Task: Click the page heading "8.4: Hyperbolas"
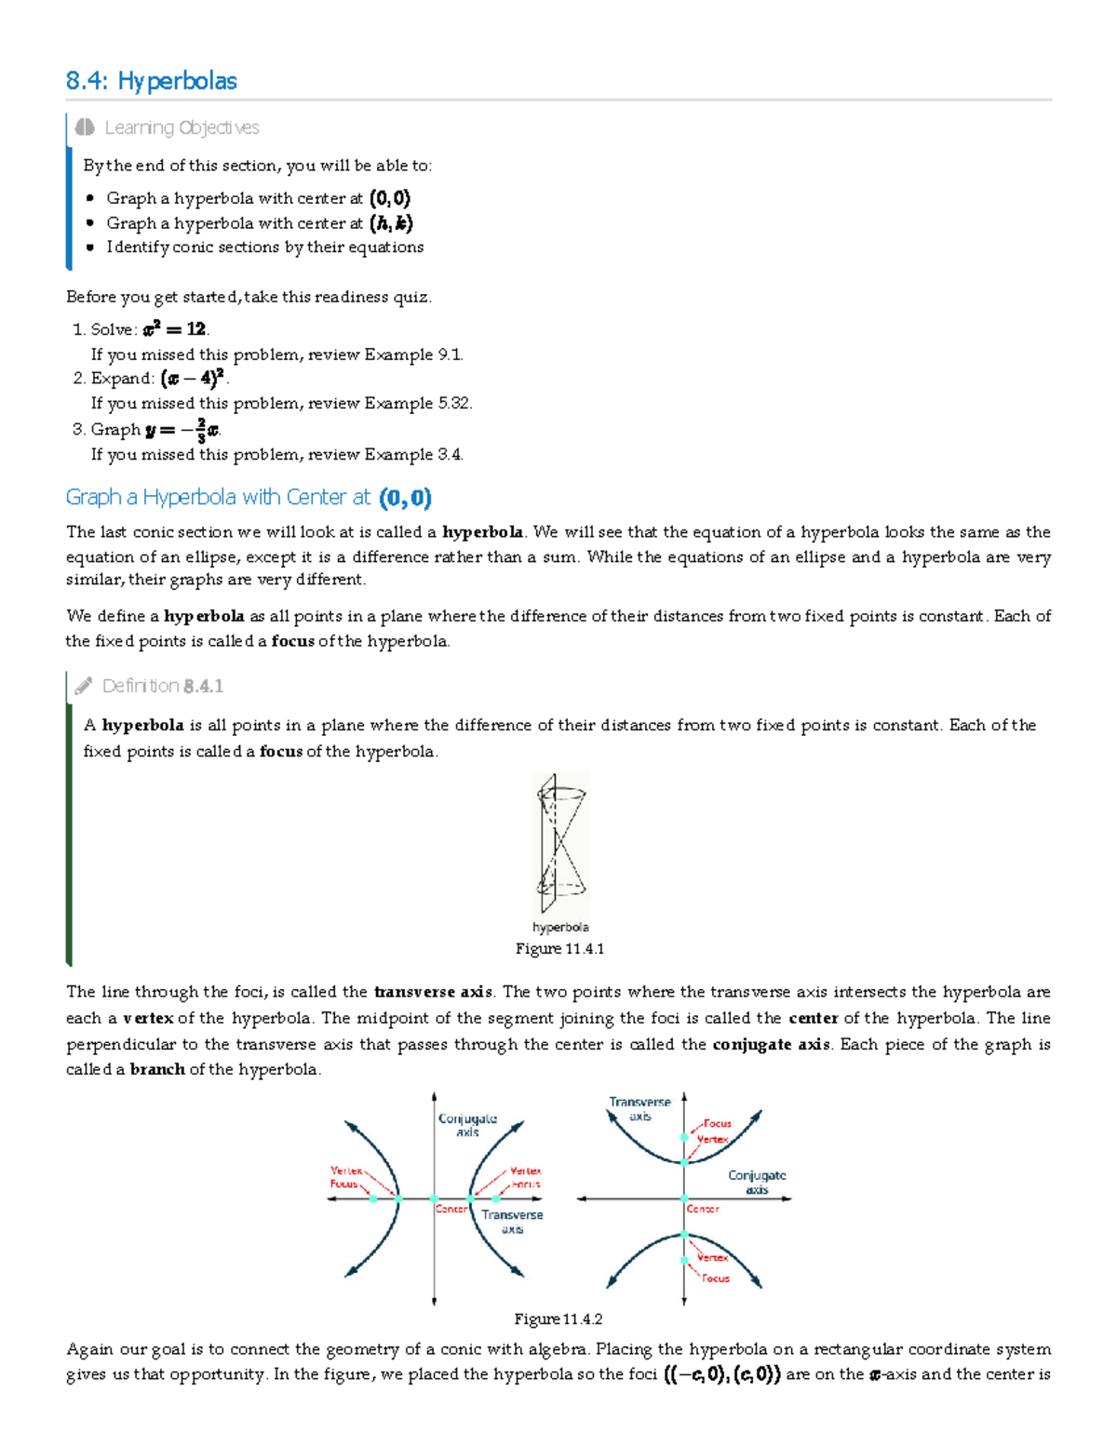pyautogui.click(x=152, y=81)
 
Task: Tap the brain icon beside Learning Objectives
pyautogui.click(x=85, y=127)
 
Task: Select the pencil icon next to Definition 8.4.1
pyautogui.click(x=84, y=686)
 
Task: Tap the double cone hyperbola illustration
pyautogui.click(x=560, y=845)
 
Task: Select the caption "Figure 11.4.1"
pyautogui.click(x=559, y=948)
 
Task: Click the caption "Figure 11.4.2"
pyautogui.click(x=558, y=1318)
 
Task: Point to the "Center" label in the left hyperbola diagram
pyautogui.click(x=451, y=1209)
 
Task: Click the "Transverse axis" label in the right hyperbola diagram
pyautogui.click(x=639, y=1108)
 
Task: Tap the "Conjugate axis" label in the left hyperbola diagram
pyautogui.click(x=467, y=1125)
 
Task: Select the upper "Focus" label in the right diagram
pyautogui.click(x=717, y=1123)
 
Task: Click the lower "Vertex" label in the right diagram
pyautogui.click(x=713, y=1257)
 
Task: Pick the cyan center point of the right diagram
pyautogui.click(x=684, y=1198)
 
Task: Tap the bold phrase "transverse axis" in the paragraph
pyautogui.click(x=433, y=992)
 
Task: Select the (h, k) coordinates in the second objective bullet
pyautogui.click(x=391, y=223)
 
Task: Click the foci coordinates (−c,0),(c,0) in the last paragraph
pyautogui.click(x=721, y=1374)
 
